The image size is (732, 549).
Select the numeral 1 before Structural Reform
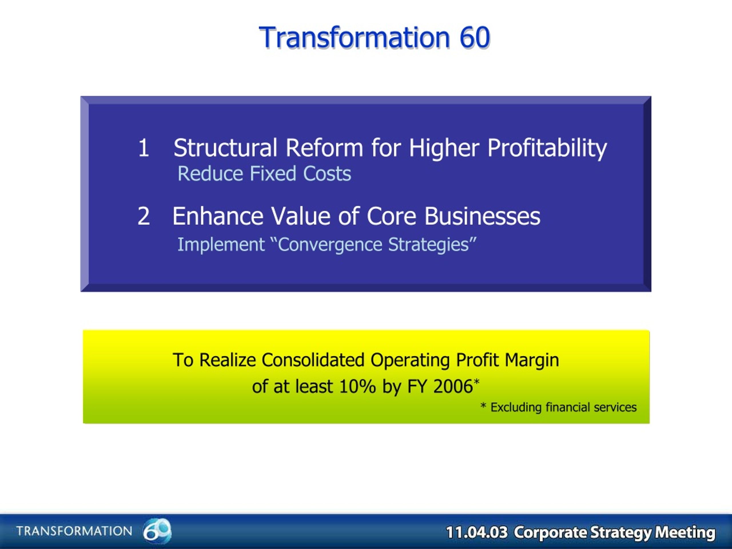click(x=143, y=148)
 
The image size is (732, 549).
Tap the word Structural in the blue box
click(x=225, y=148)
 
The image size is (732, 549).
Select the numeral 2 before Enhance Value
click(x=144, y=216)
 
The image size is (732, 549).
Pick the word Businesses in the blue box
click(x=482, y=216)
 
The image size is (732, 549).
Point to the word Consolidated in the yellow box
click(x=313, y=360)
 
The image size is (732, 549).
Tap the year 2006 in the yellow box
click(x=453, y=386)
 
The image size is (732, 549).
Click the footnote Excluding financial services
click(x=563, y=407)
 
